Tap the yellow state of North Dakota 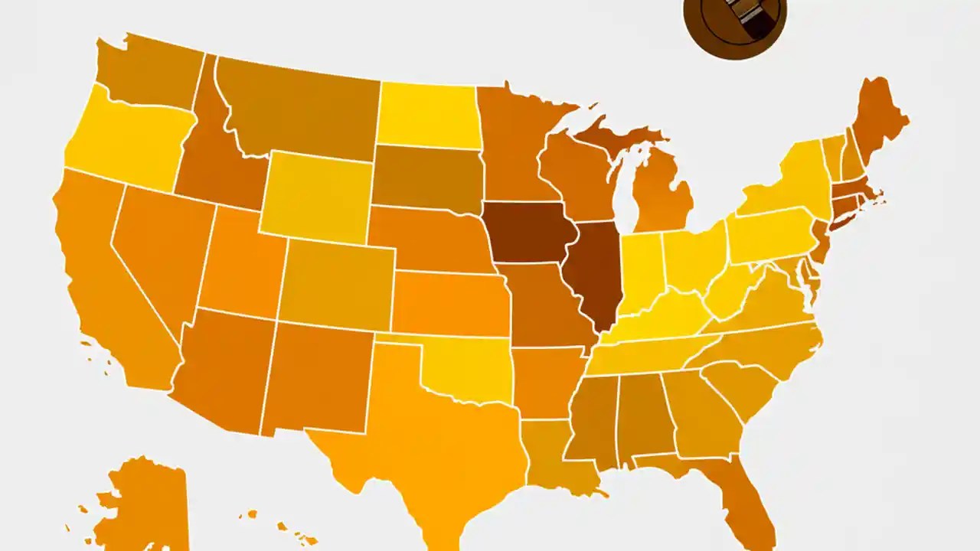429,115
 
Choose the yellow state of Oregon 126,142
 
